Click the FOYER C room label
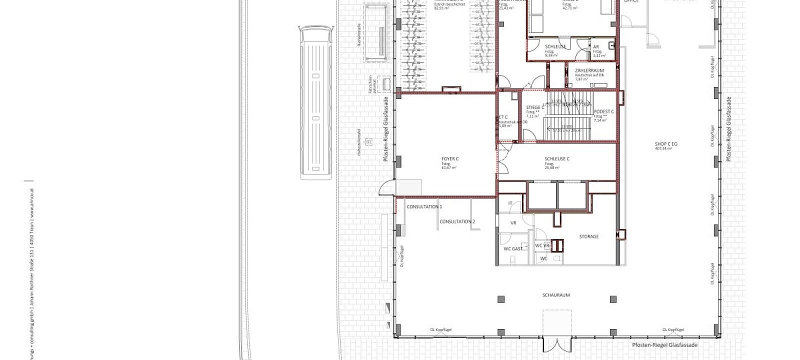point(450,159)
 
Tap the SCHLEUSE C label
point(557,159)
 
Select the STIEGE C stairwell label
point(535,107)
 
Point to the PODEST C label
point(603,111)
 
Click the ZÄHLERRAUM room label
point(589,70)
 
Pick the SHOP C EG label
point(666,144)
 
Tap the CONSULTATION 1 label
point(424,206)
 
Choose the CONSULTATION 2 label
point(457,221)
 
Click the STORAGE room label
point(588,236)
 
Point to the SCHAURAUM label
point(556,295)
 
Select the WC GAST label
point(513,248)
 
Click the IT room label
point(510,203)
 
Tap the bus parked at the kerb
point(315,102)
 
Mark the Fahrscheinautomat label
point(370,85)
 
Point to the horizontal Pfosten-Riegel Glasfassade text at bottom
point(664,345)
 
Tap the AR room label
point(596,46)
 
